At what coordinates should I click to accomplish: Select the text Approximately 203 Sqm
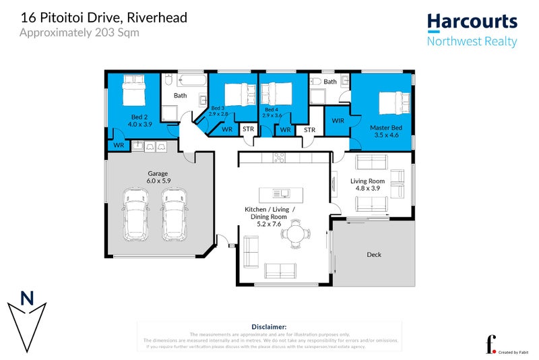pos(80,32)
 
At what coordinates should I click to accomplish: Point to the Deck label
pos(374,255)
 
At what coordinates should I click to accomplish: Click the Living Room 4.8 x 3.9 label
pos(367,185)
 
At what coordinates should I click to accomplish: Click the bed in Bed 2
pos(135,90)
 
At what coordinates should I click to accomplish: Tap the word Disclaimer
pos(269,326)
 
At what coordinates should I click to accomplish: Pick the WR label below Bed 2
pos(119,145)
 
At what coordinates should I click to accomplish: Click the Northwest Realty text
pos(472,41)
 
